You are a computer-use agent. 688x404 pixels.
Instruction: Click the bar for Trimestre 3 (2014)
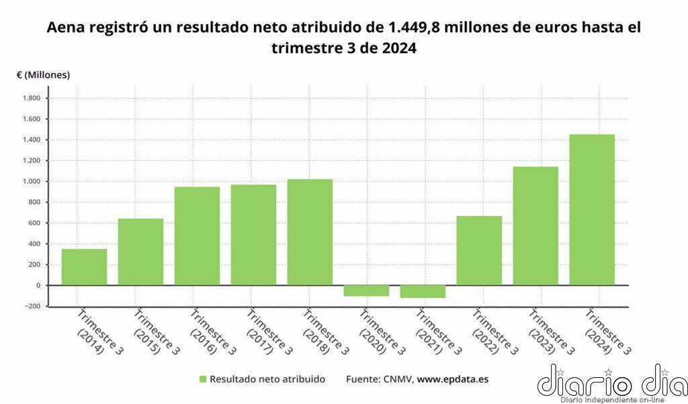[x=84, y=267]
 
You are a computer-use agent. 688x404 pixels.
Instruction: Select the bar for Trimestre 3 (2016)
[x=197, y=236]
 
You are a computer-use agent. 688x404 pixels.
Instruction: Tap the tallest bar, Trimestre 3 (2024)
[x=592, y=209]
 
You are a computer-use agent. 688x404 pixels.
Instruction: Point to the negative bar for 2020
[x=366, y=291]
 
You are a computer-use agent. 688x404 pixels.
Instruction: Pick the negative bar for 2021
[x=423, y=291]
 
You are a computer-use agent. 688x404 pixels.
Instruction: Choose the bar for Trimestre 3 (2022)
[x=479, y=250]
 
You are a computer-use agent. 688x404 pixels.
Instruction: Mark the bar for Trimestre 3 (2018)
[x=310, y=232]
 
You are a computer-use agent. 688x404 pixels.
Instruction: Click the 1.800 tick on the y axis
[x=32, y=99]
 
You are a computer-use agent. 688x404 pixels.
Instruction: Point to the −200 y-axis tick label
[x=31, y=306]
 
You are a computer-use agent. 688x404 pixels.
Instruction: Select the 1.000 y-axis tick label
[x=32, y=182]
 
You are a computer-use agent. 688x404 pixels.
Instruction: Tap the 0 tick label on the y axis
[x=38, y=285]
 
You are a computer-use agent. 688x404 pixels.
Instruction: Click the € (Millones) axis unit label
[x=43, y=75]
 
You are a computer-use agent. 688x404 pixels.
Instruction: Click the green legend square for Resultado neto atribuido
[x=202, y=379]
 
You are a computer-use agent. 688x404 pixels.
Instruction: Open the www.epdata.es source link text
[x=453, y=379]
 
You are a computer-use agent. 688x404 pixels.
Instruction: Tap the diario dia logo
[x=611, y=384]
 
